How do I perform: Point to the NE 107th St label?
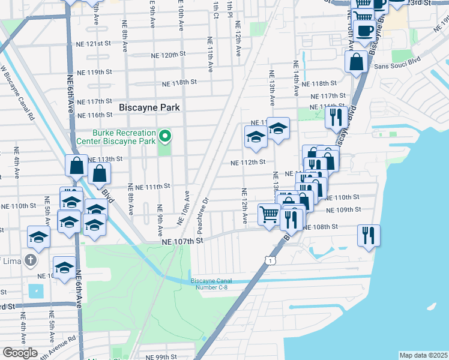[183, 241]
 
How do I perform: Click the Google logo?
[20, 353]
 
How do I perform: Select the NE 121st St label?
[94, 44]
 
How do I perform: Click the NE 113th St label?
[105, 159]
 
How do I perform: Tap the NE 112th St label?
[249, 162]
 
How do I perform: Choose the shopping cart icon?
[268, 214]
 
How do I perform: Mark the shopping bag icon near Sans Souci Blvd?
[357, 61]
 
